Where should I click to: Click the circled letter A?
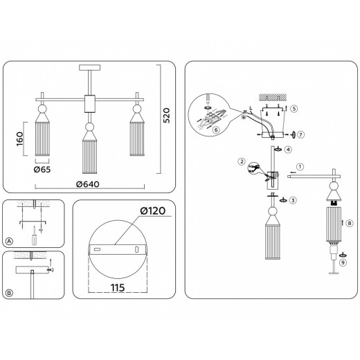pos(9,241)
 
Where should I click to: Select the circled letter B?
pos(9,293)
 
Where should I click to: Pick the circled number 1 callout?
pos(300,166)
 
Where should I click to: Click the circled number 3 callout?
pos(294,200)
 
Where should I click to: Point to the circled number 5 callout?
pos(294,109)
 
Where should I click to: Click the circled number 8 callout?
pos(349,224)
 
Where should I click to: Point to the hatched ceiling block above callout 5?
pos(269,96)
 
